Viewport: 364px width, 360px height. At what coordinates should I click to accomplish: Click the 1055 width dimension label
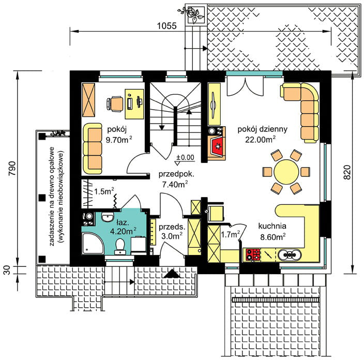tap(166, 25)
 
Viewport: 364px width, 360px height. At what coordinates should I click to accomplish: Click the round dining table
tap(286, 172)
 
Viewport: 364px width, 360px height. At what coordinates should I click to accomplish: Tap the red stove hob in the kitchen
tap(253, 254)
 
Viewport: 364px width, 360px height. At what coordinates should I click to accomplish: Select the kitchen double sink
tap(290, 255)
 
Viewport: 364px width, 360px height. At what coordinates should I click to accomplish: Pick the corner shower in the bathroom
tap(93, 244)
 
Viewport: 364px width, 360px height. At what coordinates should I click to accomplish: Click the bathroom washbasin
tap(108, 217)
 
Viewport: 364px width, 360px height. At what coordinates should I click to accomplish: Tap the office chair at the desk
tap(115, 103)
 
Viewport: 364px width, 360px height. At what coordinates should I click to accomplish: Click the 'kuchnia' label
tap(272, 226)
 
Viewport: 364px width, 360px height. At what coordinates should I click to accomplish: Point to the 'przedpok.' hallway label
tap(176, 174)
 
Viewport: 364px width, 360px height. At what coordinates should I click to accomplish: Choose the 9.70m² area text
tap(119, 140)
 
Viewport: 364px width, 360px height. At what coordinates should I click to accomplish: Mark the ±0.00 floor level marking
tap(185, 157)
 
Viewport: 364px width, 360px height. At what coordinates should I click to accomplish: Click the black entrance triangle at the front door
tap(172, 274)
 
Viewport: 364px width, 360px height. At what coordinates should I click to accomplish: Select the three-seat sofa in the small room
tap(93, 148)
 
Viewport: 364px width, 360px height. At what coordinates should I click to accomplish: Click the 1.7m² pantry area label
tap(230, 235)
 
